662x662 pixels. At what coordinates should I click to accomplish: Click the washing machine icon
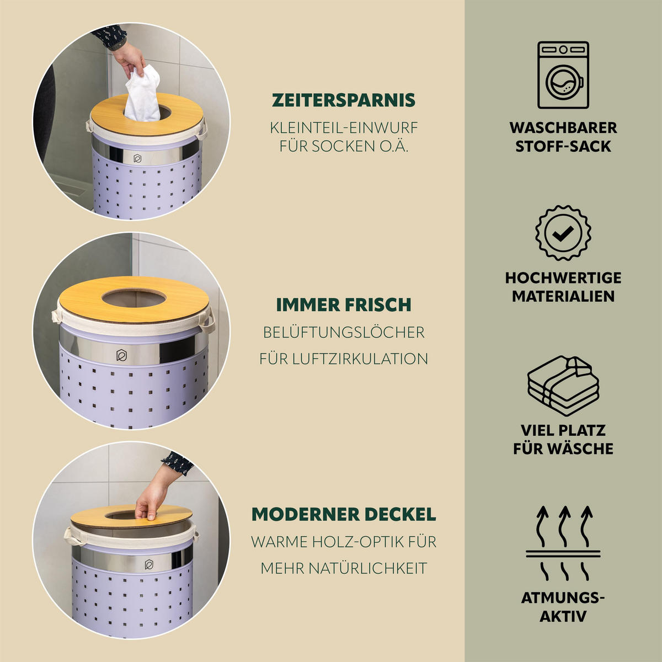[x=563, y=75]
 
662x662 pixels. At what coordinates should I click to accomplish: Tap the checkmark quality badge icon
[x=563, y=233]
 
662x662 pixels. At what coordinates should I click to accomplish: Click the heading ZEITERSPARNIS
[x=344, y=100]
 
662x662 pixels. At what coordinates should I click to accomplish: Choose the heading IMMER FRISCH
[x=344, y=305]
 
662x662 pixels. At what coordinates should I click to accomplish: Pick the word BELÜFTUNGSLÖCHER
[x=344, y=333]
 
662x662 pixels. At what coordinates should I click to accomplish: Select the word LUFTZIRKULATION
[x=360, y=359]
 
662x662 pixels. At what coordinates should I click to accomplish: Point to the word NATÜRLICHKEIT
[x=367, y=569]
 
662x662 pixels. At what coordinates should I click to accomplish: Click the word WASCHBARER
[x=563, y=128]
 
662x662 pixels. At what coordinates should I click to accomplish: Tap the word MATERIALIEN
[x=563, y=296]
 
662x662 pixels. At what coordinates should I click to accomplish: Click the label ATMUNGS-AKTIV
[x=563, y=607]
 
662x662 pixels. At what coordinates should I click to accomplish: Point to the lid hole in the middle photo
[x=134, y=298]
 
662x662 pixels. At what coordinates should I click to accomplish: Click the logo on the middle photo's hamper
[x=121, y=355]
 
